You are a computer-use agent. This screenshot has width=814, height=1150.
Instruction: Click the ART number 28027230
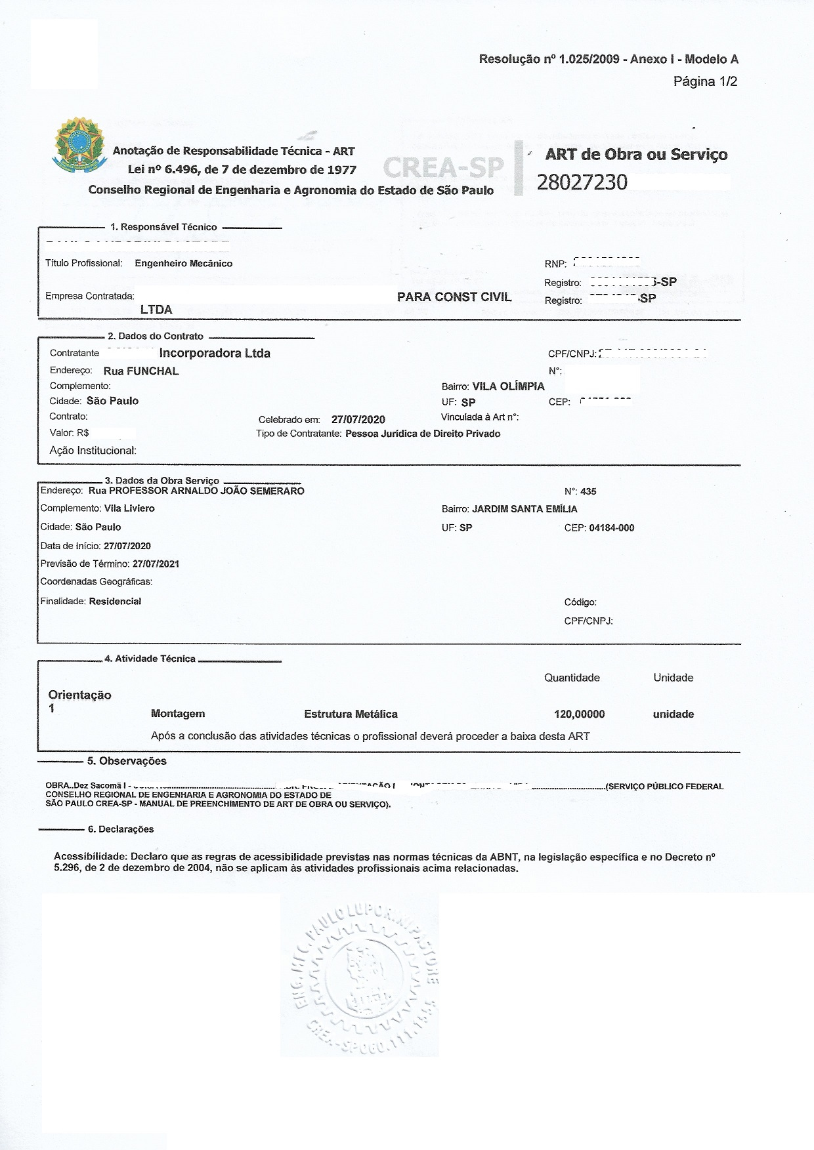click(582, 182)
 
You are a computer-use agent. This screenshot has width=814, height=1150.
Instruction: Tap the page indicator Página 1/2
click(705, 81)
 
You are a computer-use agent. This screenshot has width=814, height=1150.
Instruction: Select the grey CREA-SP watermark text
click(443, 168)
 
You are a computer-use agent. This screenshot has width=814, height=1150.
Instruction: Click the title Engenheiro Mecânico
click(183, 263)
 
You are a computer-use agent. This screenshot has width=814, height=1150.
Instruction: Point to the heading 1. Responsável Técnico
click(163, 227)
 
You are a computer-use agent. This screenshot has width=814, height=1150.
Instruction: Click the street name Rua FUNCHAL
click(141, 371)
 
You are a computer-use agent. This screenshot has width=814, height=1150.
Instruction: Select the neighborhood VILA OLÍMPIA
click(508, 386)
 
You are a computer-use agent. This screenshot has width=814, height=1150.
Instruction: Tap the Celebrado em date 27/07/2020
click(358, 419)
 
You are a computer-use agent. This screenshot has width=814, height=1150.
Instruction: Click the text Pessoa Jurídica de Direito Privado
click(423, 434)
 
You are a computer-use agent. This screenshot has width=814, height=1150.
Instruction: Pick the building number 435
click(588, 491)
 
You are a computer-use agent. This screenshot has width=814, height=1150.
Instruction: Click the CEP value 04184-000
click(612, 527)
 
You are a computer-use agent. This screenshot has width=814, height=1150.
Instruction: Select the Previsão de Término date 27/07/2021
click(156, 564)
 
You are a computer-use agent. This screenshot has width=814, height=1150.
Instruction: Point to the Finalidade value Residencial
click(115, 601)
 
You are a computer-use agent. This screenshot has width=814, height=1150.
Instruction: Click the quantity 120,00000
click(579, 714)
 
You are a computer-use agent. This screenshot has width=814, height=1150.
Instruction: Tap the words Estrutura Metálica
click(351, 714)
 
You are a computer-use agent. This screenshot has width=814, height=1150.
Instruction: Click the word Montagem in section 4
click(178, 714)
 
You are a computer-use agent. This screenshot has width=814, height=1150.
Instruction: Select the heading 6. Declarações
click(121, 829)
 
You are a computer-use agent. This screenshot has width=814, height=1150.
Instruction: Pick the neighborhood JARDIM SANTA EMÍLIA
click(525, 508)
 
